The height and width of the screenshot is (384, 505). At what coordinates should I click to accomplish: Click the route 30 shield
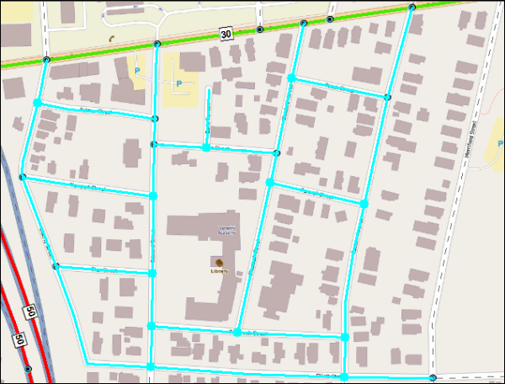click(226, 34)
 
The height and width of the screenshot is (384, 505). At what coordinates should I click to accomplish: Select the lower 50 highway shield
click(17, 340)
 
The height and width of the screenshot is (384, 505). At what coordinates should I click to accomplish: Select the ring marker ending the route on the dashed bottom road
click(432, 377)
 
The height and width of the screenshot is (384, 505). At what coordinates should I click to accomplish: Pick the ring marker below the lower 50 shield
click(29, 370)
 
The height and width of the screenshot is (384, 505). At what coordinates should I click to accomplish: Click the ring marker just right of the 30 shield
click(259, 30)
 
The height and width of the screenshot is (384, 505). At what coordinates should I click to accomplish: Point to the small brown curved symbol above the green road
click(110, 38)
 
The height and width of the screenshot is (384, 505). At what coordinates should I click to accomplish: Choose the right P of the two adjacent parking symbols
click(178, 83)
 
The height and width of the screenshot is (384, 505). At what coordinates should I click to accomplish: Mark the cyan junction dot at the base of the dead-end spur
click(206, 147)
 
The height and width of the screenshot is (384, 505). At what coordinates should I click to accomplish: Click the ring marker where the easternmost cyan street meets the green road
click(412, 8)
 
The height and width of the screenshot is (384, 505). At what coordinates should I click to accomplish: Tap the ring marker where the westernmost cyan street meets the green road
click(46, 60)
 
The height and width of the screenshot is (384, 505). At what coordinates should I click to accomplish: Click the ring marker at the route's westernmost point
click(22, 178)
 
